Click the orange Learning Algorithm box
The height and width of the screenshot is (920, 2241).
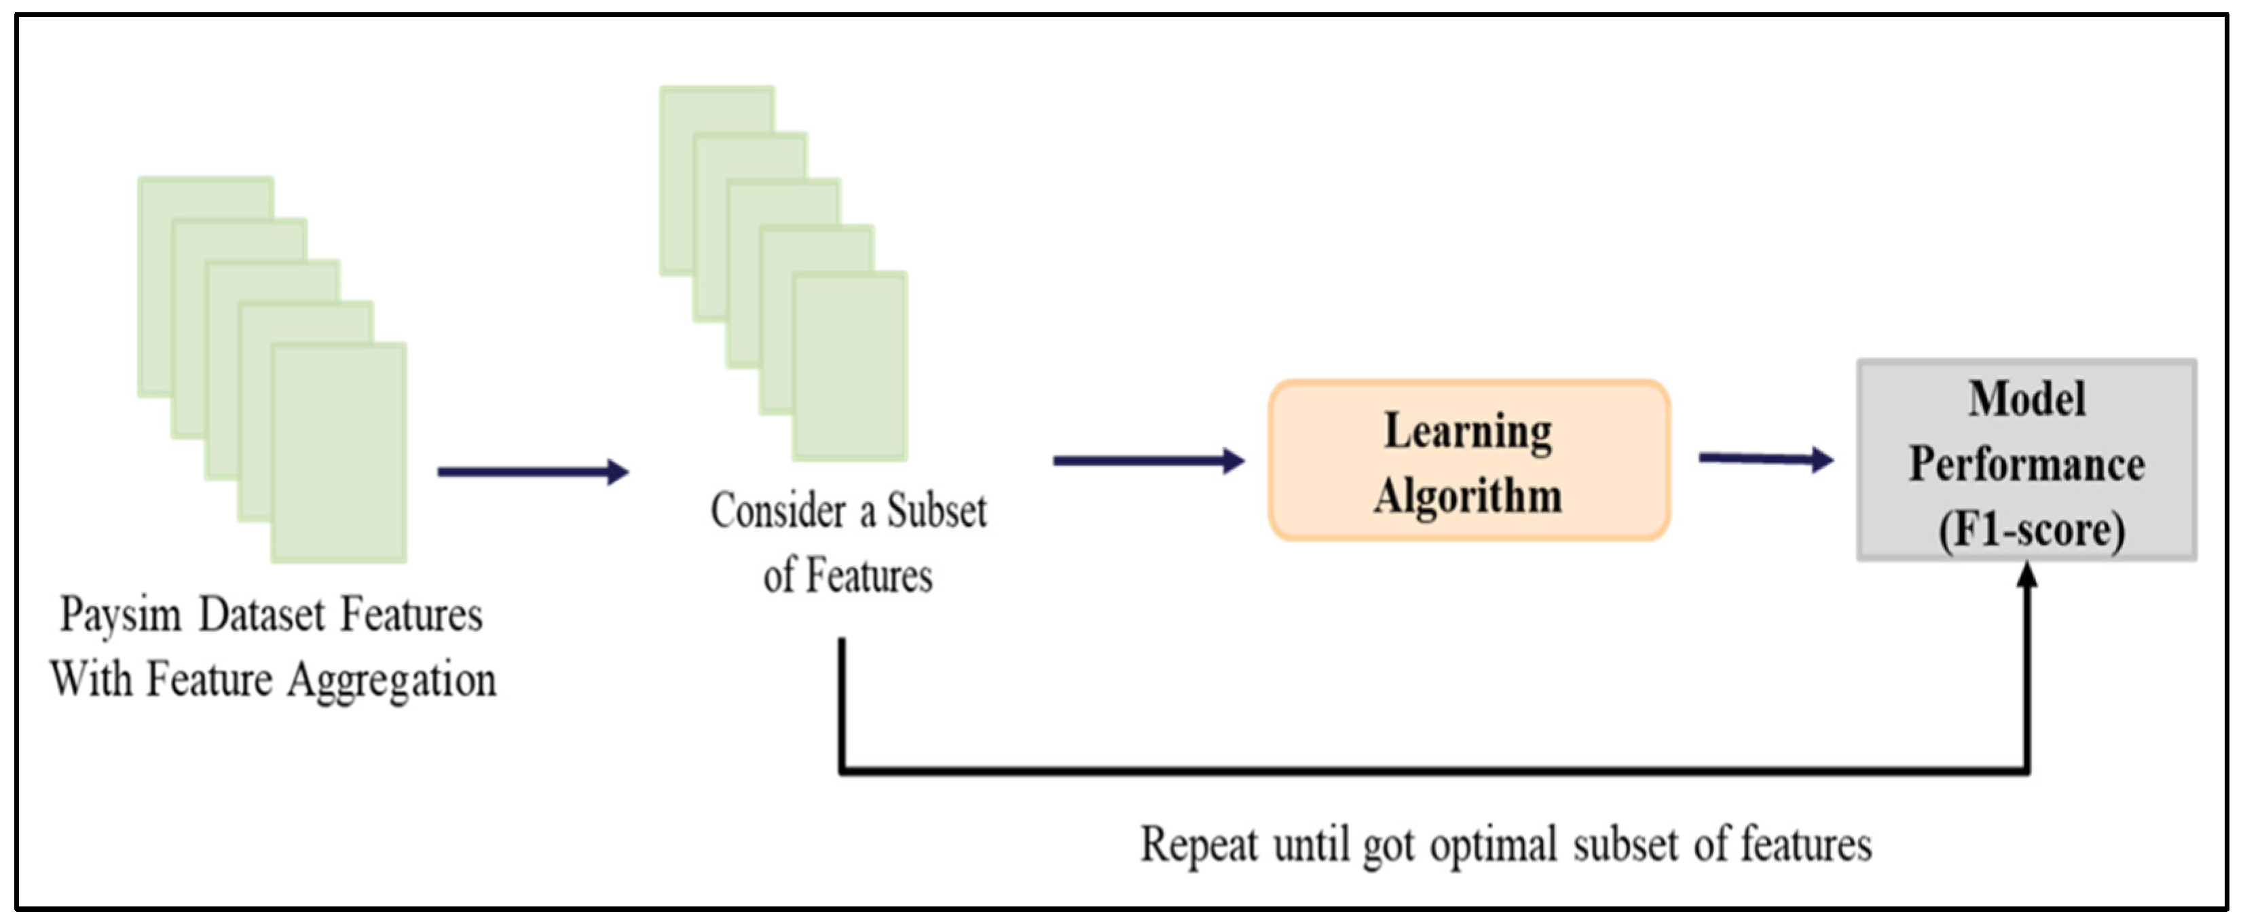tap(1468, 461)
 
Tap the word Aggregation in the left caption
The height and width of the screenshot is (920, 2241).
tap(392, 681)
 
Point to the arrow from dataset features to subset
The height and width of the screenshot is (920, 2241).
tap(532, 472)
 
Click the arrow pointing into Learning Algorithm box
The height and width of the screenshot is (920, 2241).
tap(1149, 461)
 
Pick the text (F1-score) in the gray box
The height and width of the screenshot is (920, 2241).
tap(2031, 530)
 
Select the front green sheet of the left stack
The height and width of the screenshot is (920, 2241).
tap(339, 452)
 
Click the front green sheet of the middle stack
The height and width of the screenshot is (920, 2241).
tap(850, 365)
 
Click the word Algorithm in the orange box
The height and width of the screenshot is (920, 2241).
tap(1468, 497)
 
